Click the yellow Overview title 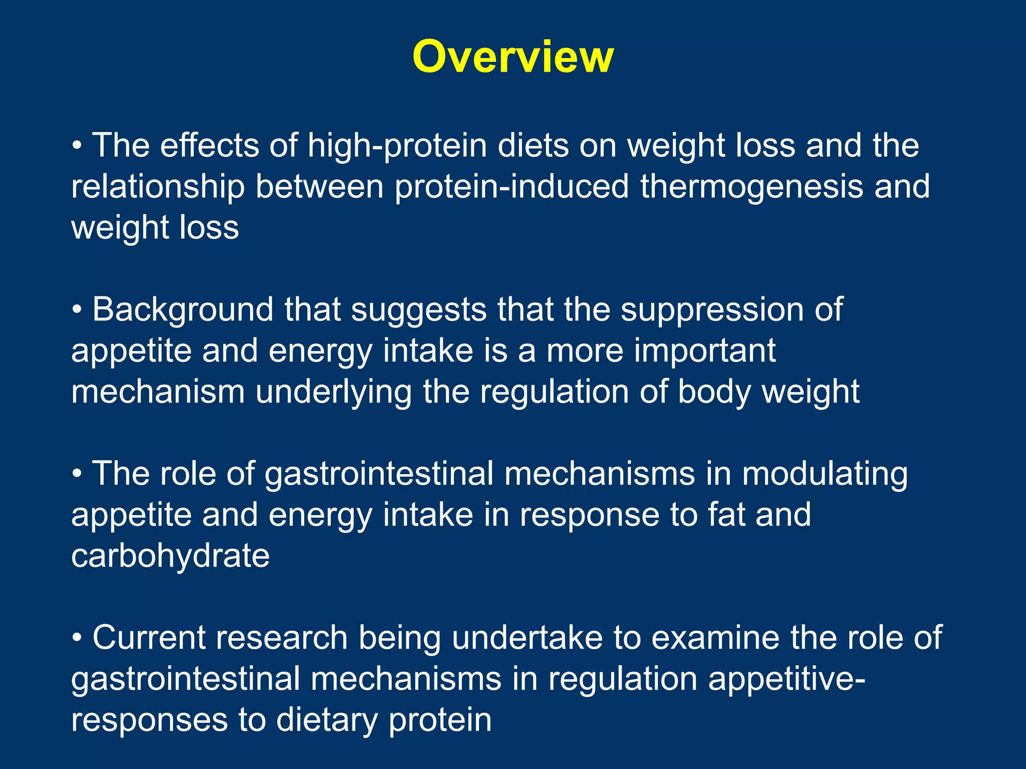click(x=512, y=57)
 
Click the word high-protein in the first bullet click(x=397, y=146)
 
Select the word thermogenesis click(x=751, y=186)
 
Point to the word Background click(x=183, y=310)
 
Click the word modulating click(x=825, y=474)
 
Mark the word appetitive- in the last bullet click(x=786, y=679)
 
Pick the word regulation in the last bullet click(x=622, y=679)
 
